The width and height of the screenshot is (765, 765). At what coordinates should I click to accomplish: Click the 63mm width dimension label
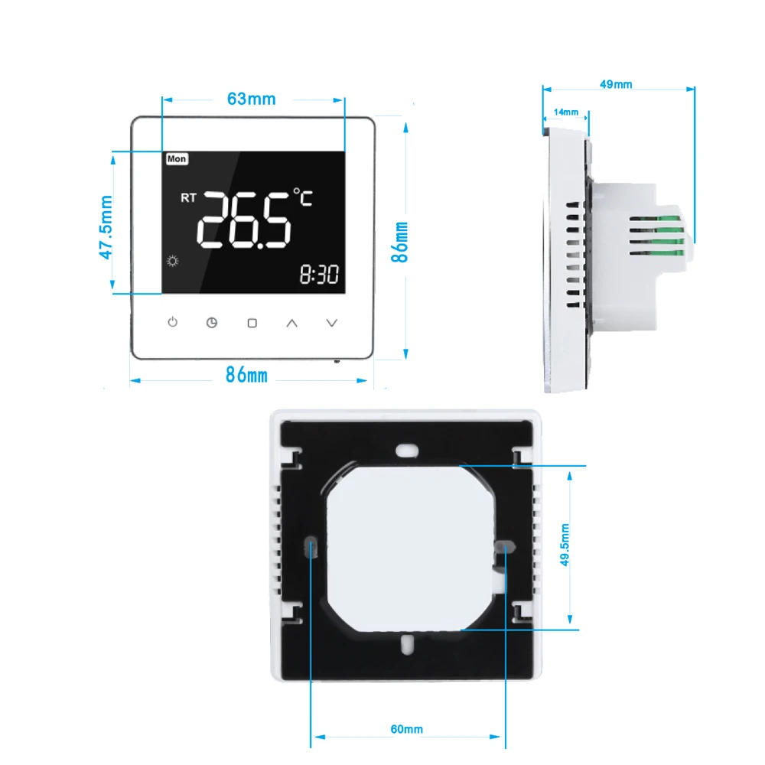point(251,99)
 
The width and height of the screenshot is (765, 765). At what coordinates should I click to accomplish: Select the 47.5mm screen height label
point(106,227)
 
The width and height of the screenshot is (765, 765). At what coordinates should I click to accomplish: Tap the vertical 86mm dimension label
point(399,242)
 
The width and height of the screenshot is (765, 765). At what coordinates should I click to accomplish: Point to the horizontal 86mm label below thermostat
point(246,375)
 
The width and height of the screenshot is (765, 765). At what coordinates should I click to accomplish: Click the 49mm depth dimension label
point(616,84)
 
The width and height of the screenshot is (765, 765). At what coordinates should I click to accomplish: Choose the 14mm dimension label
point(566,112)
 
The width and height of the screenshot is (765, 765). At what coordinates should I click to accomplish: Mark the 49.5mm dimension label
point(565,545)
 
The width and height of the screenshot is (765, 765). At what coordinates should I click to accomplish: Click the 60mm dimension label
point(406,729)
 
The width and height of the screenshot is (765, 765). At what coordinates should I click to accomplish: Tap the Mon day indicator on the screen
point(177,159)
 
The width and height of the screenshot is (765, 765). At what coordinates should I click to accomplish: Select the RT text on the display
point(188,197)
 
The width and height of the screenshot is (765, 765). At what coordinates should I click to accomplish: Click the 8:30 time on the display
point(319,274)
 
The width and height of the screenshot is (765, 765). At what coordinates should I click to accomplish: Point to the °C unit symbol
point(303,197)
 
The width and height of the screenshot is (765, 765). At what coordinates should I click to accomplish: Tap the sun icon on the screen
point(173,261)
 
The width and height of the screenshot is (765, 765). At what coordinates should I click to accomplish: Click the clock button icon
point(212,323)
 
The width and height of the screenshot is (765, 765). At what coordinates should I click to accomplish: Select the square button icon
point(252,323)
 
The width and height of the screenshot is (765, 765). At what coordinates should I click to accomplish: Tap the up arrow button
point(291,323)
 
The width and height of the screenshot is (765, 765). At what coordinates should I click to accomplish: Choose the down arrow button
point(332,323)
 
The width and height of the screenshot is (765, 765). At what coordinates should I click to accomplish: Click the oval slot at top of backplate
point(406,451)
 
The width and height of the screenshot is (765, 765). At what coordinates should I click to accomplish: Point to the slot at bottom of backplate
point(408,644)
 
